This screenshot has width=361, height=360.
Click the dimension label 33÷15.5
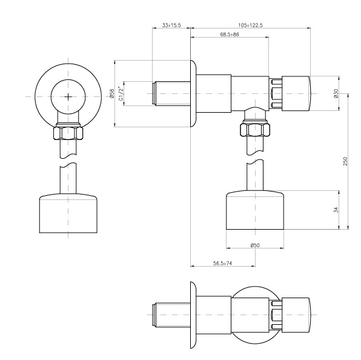171,25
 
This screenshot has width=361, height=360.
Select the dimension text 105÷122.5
250,25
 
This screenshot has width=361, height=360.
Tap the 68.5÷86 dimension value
230,35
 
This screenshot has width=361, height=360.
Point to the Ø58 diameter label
112,93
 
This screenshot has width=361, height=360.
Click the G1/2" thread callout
121,93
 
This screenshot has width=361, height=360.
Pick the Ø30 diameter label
336,93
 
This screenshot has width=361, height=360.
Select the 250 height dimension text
345,161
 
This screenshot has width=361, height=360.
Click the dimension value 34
336,210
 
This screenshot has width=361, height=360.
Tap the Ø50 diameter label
255,245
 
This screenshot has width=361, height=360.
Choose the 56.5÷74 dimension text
222,264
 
